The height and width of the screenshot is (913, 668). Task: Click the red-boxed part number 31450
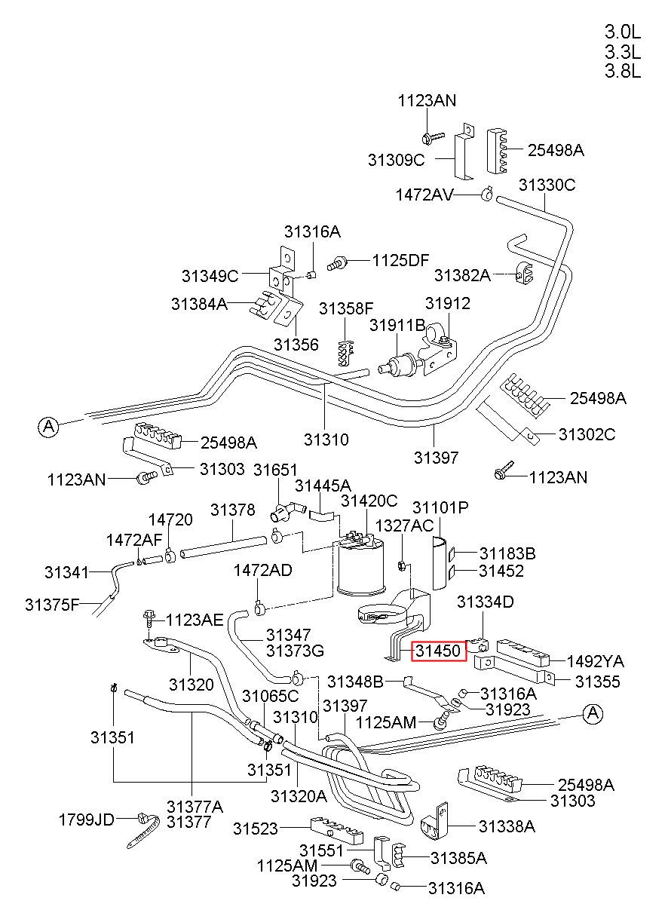point(438,651)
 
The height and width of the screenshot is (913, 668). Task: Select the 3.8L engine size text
point(622,71)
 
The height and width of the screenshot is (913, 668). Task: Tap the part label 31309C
point(396,160)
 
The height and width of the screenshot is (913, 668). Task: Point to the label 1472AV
point(424,195)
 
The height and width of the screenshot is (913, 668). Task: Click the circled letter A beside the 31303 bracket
point(48,427)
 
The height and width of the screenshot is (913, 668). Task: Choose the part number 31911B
point(397,325)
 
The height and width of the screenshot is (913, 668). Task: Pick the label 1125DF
point(400,259)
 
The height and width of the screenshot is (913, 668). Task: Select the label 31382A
point(462,275)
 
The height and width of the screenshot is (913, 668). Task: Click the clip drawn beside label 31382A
point(524,272)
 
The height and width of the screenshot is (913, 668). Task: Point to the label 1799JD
point(87,820)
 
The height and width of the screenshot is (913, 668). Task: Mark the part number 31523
point(255,829)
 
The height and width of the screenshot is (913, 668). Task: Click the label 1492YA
point(596,661)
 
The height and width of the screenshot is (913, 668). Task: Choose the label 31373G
point(295,651)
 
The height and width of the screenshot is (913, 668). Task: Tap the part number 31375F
point(52,605)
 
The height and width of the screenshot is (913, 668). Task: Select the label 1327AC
point(404,525)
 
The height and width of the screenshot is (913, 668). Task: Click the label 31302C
point(587,434)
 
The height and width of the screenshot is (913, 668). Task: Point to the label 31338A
point(507,826)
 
